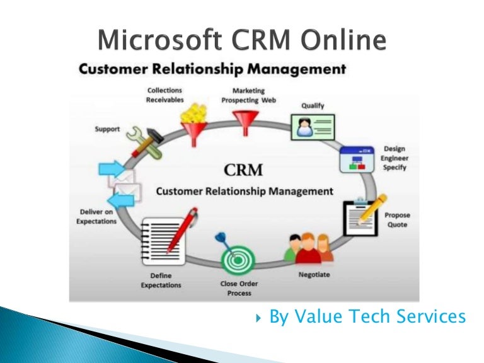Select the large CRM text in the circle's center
[x=243, y=170]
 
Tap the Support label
[x=107, y=129]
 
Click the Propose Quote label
[x=396, y=220]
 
